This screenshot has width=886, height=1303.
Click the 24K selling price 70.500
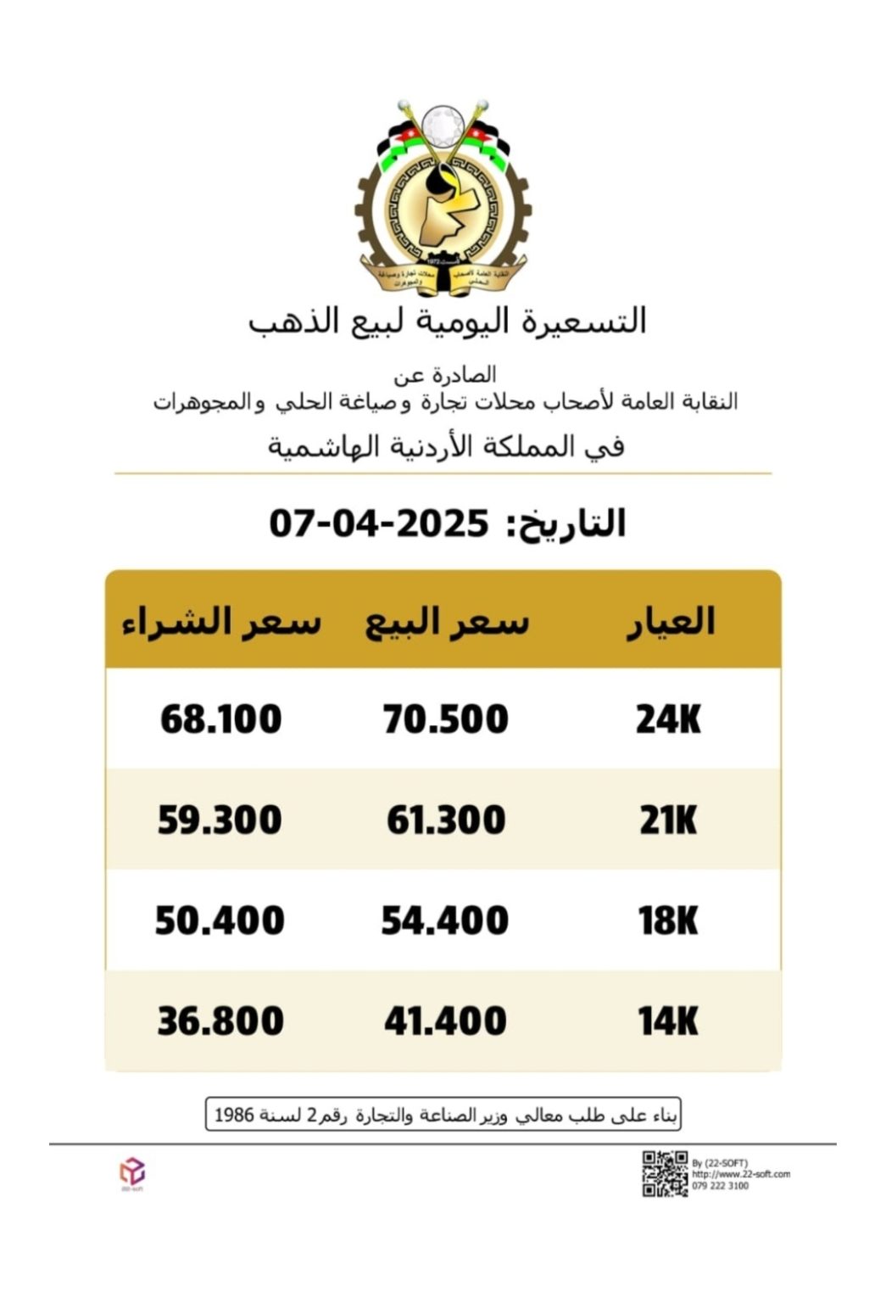(445, 719)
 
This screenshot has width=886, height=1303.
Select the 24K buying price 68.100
(220, 719)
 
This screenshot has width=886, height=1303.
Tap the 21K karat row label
(668, 820)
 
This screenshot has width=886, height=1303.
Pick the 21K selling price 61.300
(446, 820)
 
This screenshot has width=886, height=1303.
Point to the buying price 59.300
(220, 820)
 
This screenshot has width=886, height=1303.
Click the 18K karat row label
(668, 920)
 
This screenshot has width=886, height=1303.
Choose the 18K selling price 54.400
(445, 920)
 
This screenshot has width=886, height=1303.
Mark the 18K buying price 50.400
(220, 920)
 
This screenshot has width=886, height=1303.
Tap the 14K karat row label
(668, 1021)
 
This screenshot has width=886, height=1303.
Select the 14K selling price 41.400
(445, 1021)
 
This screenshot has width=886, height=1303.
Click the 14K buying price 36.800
(220, 1021)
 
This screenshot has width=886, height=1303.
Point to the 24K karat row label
(668, 719)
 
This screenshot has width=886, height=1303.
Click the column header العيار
(670, 621)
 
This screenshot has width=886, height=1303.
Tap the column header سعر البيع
(447, 622)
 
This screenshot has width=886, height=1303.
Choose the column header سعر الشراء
(221, 622)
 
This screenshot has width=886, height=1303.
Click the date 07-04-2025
(379, 523)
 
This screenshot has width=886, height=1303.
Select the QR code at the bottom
(665, 1173)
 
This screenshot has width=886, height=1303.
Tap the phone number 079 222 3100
(720, 1186)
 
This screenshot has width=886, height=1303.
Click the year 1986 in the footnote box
(234, 1114)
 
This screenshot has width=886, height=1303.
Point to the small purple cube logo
(131, 1172)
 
